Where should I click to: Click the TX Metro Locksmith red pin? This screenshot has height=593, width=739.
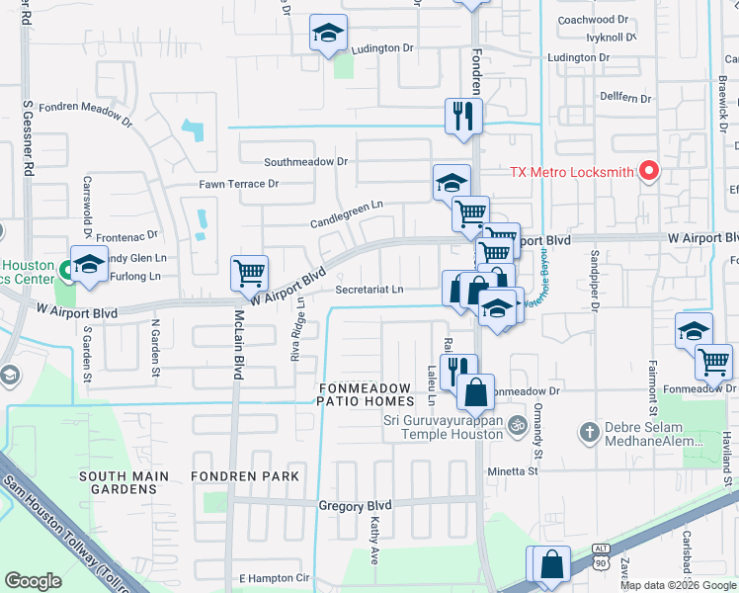click(x=649, y=171)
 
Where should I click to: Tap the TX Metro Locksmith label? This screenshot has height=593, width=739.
click(x=570, y=172)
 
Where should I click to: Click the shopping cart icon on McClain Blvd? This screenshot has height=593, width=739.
click(x=249, y=272)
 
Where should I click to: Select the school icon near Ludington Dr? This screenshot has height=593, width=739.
click(x=328, y=33)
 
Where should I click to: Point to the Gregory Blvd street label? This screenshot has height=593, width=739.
click(x=355, y=505)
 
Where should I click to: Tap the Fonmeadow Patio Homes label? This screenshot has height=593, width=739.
click(x=366, y=393)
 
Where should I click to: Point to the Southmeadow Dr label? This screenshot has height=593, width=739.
click(x=306, y=161)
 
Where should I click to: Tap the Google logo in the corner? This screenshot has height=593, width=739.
click(x=33, y=581)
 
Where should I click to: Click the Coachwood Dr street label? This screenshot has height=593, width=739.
click(x=593, y=20)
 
